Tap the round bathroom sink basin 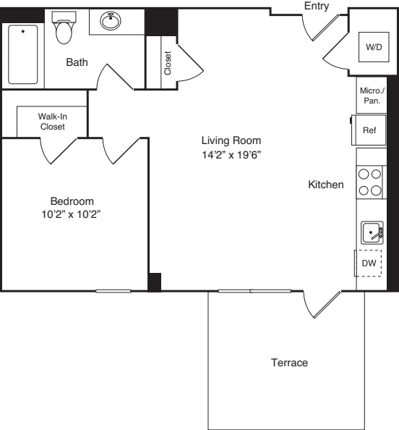pyautogui.click(x=111, y=20)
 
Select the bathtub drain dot pyautogui.click(x=23, y=32)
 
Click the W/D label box pyautogui.click(x=374, y=47)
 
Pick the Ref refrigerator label pyautogui.click(x=369, y=130)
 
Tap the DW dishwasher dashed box pyautogui.click(x=368, y=263)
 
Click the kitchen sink pyautogui.click(x=372, y=232)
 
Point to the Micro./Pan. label pyautogui.click(x=372, y=96)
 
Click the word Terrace pyautogui.click(x=289, y=363)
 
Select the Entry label pyautogui.click(x=317, y=6)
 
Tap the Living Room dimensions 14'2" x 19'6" pyautogui.click(x=231, y=155)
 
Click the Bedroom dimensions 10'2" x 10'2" pyautogui.click(x=72, y=214)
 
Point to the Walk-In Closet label pyautogui.click(x=53, y=122)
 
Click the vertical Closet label pyautogui.click(x=168, y=63)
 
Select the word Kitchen pyautogui.click(x=326, y=185)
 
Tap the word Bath pyautogui.click(x=77, y=62)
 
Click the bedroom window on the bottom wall pyautogui.click(x=113, y=291)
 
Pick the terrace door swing pyautogui.click(x=322, y=304)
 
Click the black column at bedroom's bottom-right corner pyautogui.click(x=155, y=282)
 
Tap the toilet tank pyautogui.click(x=64, y=17)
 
